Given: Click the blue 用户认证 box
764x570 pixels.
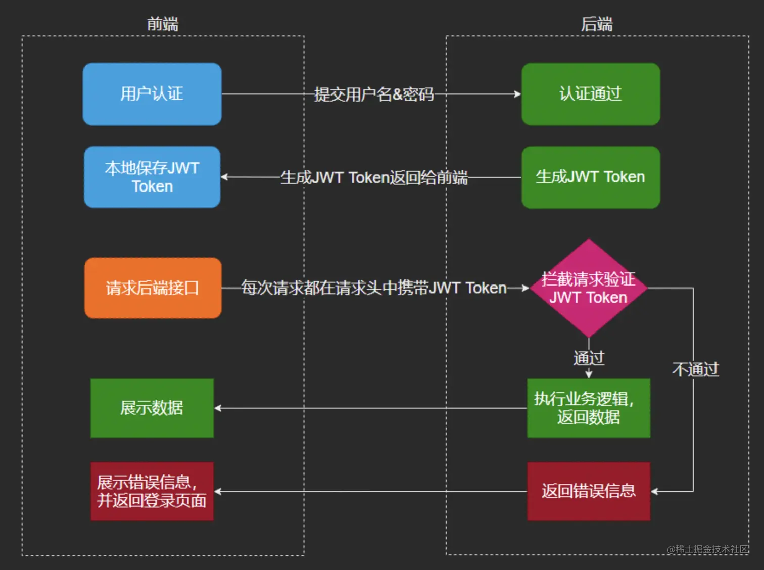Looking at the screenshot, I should (152, 94).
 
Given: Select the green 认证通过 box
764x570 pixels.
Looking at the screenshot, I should (591, 94).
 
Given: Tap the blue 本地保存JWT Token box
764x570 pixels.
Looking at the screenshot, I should (152, 177).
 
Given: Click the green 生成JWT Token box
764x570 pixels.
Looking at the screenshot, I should (591, 177).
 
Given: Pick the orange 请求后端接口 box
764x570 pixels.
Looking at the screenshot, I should (153, 288).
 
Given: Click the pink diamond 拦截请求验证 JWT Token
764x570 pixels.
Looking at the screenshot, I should (589, 288).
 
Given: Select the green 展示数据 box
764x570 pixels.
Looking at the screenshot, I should (152, 408).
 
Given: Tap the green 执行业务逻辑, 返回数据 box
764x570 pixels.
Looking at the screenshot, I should (589, 408).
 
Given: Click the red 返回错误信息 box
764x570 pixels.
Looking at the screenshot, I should (589, 491).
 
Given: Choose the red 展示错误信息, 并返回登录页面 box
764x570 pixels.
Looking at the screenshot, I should (152, 491).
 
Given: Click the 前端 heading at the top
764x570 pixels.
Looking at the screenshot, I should (163, 24).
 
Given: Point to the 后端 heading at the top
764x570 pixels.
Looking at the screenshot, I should (597, 24).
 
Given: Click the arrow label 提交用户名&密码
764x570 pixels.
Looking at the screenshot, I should (374, 94).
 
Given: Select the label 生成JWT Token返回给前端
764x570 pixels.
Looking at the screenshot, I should (374, 177).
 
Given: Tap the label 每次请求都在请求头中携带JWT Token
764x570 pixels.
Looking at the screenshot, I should (374, 288).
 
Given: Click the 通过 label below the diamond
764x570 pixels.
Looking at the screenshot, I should (589, 358).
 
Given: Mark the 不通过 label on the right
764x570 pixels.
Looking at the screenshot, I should (695, 369).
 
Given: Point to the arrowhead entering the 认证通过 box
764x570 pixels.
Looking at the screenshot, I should (517, 94).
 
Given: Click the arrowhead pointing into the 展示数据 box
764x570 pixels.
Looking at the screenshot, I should (218, 408).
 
